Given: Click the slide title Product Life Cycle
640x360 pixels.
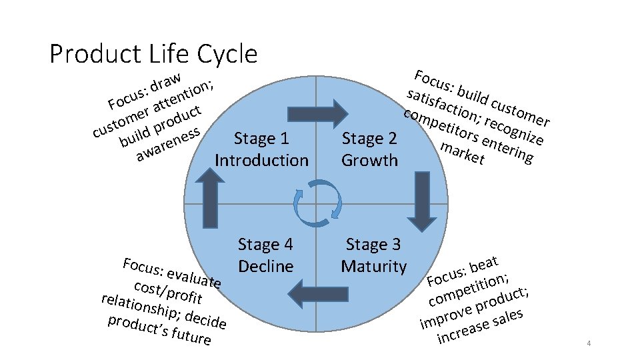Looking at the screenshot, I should (153, 53).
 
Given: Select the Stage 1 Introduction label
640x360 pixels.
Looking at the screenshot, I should (262, 149).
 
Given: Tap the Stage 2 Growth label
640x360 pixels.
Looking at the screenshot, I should (370, 149).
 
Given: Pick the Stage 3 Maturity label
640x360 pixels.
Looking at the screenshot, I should (373, 256).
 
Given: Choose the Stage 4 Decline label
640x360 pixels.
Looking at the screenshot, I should (265, 256).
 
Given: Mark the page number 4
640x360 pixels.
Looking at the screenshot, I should (589, 343).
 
